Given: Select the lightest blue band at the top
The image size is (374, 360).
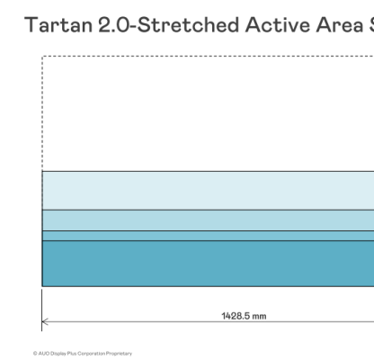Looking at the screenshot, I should coord(207,190).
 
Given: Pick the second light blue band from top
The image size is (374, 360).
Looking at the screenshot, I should coord(207,220).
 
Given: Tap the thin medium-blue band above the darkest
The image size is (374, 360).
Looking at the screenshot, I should coord(207,236).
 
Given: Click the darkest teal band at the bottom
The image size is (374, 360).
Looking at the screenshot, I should coord(207,263).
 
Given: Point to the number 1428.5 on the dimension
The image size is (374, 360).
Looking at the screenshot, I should coord(236,316).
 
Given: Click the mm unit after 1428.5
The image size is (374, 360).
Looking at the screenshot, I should coord(260,316).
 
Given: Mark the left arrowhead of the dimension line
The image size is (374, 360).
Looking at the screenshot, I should coord(45,320).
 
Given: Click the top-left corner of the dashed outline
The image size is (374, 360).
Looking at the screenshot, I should coord(42,57).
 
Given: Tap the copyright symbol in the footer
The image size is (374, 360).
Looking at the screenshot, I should coord(35,353).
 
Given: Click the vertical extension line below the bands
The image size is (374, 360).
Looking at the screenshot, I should coord(42,306).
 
